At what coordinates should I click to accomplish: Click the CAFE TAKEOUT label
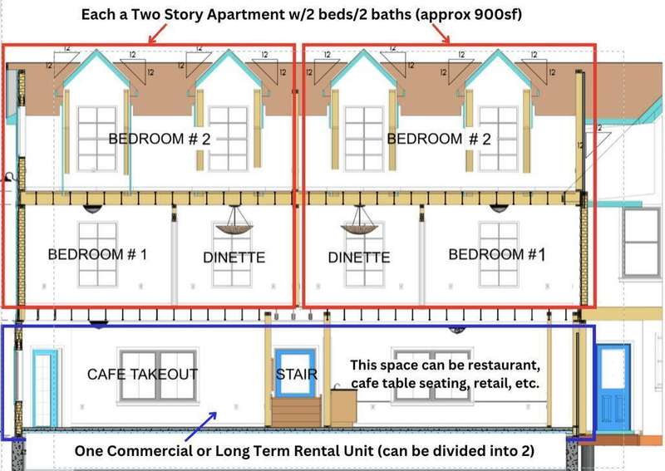point(142,375)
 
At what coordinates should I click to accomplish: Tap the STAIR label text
point(297,375)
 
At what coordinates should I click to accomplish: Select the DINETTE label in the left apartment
point(234,258)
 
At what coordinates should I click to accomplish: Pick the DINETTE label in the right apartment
point(359,258)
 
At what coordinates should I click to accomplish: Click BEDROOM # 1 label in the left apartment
point(97,254)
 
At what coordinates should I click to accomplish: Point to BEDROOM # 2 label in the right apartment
point(439,139)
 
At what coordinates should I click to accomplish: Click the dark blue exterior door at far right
point(613,388)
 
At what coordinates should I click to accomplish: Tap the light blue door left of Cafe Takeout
point(45,388)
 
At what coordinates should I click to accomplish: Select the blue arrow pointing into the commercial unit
point(200,426)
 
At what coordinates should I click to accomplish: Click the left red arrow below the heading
point(158,33)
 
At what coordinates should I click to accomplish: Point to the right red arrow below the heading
point(441,33)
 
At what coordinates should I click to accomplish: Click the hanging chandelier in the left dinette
point(234,220)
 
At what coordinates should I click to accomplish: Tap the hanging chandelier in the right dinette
point(359,220)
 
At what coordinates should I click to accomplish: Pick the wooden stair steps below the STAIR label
point(297,411)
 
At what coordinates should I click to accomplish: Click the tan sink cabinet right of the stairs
point(343,405)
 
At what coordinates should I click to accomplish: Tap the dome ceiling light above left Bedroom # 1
point(92,209)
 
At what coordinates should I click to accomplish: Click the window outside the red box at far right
point(642,243)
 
